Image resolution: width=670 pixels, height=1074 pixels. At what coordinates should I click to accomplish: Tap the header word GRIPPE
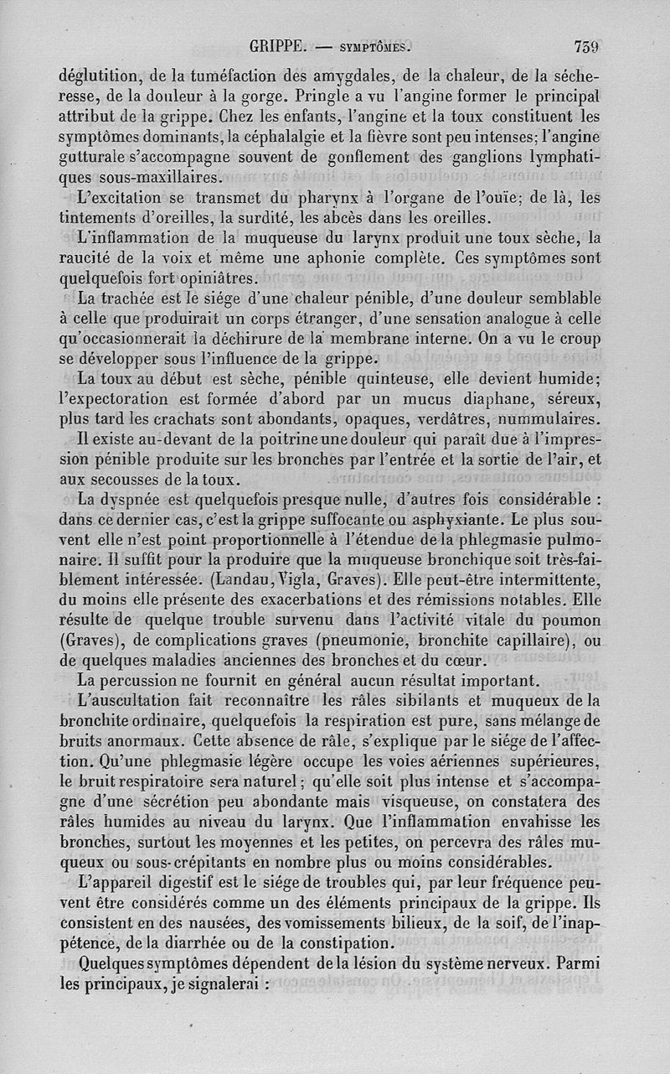pyautogui.click(x=279, y=47)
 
